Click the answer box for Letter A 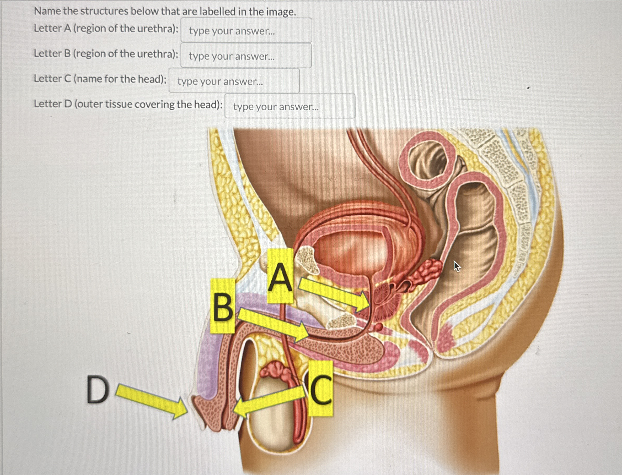[x=246, y=30]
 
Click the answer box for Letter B [x=246, y=56]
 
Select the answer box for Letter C [x=234, y=81]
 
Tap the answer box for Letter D [x=290, y=106]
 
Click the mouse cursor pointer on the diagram [x=456, y=266]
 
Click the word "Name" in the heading [x=46, y=12]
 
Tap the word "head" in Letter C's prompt [x=150, y=79]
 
